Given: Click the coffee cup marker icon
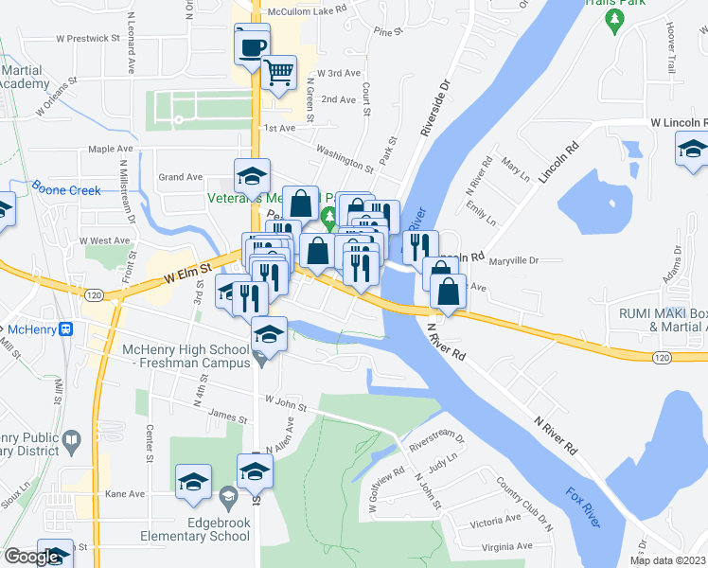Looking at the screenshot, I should tap(252, 45).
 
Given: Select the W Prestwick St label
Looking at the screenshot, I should tap(89, 39).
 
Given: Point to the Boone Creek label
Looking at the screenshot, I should tap(66, 190).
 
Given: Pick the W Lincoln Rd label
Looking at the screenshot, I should tap(678, 123).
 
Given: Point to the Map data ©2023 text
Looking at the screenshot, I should tap(667, 560).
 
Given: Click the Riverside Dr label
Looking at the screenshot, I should tap(439, 99).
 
